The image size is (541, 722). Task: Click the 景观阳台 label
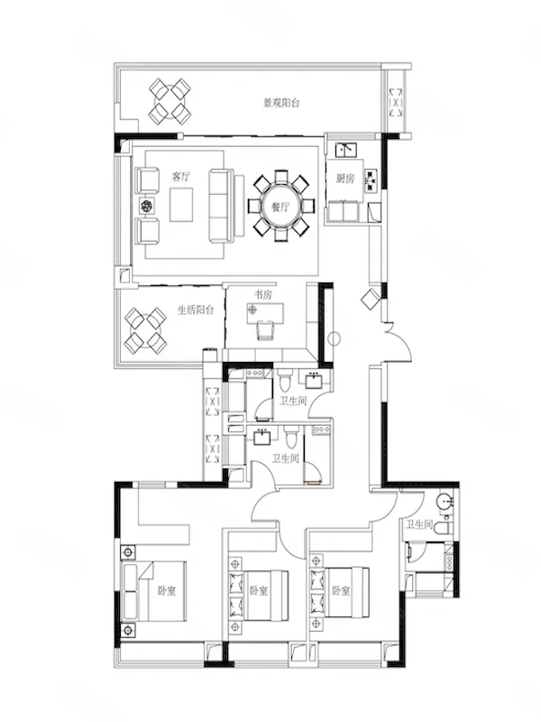[x=281, y=103]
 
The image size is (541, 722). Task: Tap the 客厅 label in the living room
[x=180, y=176]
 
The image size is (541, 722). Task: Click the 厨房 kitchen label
[x=345, y=178]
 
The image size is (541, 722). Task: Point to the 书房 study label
[x=263, y=295]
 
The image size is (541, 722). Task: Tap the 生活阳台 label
[x=196, y=310]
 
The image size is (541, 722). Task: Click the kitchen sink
[x=346, y=150]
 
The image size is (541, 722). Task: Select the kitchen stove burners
[x=371, y=180]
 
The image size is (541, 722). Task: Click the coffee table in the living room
[x=181, y=206]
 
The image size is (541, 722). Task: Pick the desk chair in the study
[x=264, y=330]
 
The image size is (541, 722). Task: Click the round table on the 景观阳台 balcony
[x=170, y=101]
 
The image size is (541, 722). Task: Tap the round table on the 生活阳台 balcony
[x=145, y=330]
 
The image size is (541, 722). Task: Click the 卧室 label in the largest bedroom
[x=167, y=591]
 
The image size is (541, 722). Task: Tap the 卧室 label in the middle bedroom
[x=259, y=591]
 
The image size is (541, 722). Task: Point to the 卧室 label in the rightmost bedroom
[x=342, y=591]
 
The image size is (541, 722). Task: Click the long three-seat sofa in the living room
[x=221, y=206]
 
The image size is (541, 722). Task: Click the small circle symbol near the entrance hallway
[x=335, y=339]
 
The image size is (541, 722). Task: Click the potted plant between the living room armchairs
[x=147, y=206]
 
